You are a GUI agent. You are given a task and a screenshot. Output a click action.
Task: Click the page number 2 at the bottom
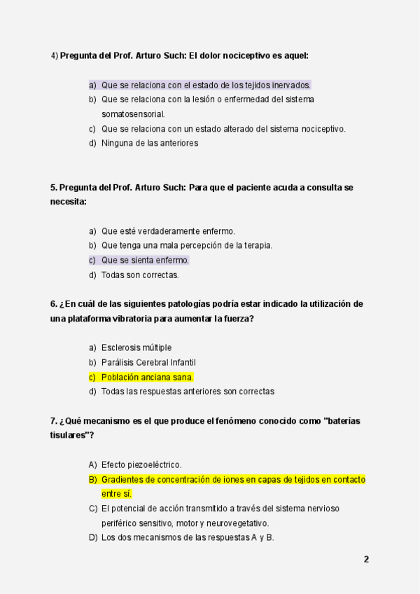click(x=366, y=559)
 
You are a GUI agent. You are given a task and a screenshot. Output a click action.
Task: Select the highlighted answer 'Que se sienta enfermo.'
click(x=145, y=260)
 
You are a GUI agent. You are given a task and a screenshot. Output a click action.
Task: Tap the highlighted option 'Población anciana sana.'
click(x=147, y=377)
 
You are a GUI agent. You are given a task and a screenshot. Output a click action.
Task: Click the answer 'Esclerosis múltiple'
click(x=136, y=347)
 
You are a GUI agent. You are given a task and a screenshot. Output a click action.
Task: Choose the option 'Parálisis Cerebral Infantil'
click(x=148, y=362)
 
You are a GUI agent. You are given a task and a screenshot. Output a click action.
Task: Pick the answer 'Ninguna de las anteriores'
click(x=150, y=143)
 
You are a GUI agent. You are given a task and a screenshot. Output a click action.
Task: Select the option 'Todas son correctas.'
click(x=140, y=275)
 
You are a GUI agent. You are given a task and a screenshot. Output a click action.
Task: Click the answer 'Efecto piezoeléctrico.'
click(x=141, y=464)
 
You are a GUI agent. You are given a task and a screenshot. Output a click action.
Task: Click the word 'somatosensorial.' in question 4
click(x=133, y=114)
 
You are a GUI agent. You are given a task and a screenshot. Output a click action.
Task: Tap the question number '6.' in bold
click(x=54, y=304)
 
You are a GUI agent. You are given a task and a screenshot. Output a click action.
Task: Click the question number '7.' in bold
click(x=54, y=421)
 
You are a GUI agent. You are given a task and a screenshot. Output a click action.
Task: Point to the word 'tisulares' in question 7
click(x=69, y=436)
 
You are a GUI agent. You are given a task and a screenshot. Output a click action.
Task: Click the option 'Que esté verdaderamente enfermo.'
click(x=168, y=231)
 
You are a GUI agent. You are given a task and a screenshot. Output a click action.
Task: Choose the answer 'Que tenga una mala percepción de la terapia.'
click(x=187, y=245)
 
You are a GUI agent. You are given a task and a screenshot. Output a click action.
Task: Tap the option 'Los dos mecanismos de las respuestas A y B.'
click(x=187, y=537)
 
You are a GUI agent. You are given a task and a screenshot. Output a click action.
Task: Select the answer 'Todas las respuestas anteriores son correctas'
click(x=188, y=392)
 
